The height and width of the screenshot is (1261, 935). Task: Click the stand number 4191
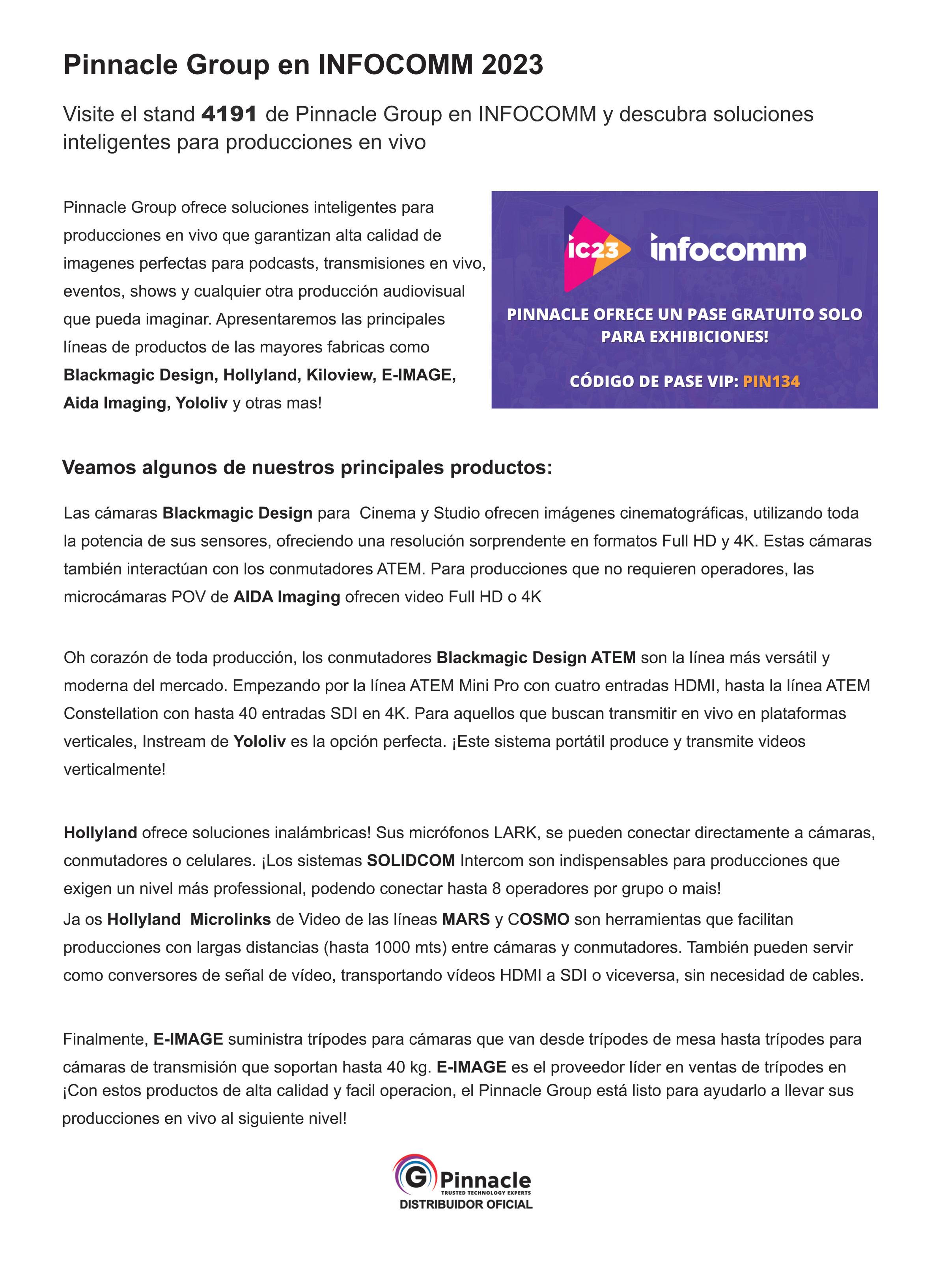pyautogui.click(x=229, y=114)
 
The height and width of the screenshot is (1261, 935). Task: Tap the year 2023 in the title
pyautogui.click(x=512, y=65)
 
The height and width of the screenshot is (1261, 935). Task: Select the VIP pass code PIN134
pyautogui.click(x=771, y=381)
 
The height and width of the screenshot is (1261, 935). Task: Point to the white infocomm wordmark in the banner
pyautogui.click(x=728, y=249)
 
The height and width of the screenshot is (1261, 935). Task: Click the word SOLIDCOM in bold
pyautogui.click(x=411, y=860)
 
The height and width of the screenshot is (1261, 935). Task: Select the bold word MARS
pyautogui.click(x=466, y=919)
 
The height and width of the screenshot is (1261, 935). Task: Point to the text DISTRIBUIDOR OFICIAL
pyautogui.click(x=466, y=1204)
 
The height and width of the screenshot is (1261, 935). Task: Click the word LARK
pyautogui.click(x=515, y=832)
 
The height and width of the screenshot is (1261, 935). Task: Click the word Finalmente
pyautogui.click(x=105, y=1039)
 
